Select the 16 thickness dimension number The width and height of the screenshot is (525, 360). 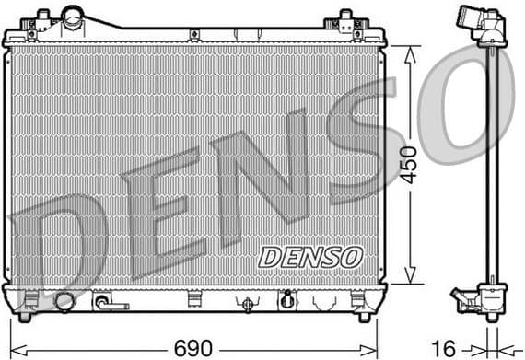(445, 347)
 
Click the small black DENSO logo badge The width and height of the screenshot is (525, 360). (309, 256)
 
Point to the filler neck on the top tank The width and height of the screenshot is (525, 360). (73, 16)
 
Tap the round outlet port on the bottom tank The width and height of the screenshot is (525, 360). (64, 301)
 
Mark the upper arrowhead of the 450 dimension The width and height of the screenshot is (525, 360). (408, 51)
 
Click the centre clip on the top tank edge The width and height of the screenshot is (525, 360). (195, 35)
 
